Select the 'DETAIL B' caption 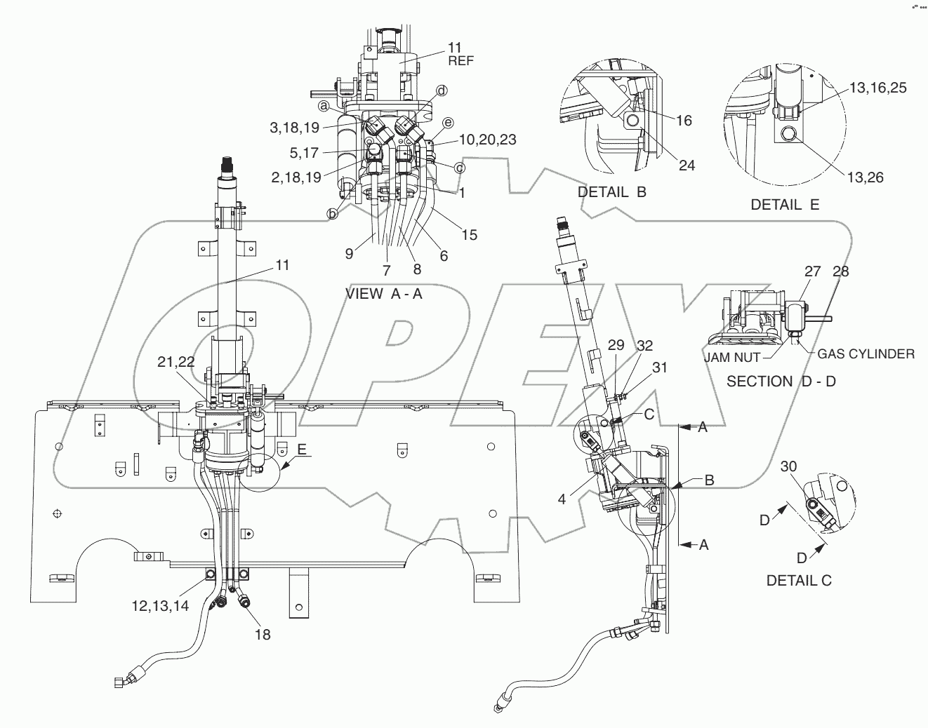(x=611, y=191)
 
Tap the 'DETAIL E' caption (x=785, y=205)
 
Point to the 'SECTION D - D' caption (x=781, y=382)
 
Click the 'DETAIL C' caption (x=800, y=580)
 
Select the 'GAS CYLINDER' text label (x=866, y=353)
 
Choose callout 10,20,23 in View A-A (x=487, y=140)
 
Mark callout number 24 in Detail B (x=687, y=165)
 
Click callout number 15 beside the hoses (x=470, y=235)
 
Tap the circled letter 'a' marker (x=324, y=106)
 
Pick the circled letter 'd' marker (x=442, y=90)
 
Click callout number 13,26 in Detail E (x=866, y=177)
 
